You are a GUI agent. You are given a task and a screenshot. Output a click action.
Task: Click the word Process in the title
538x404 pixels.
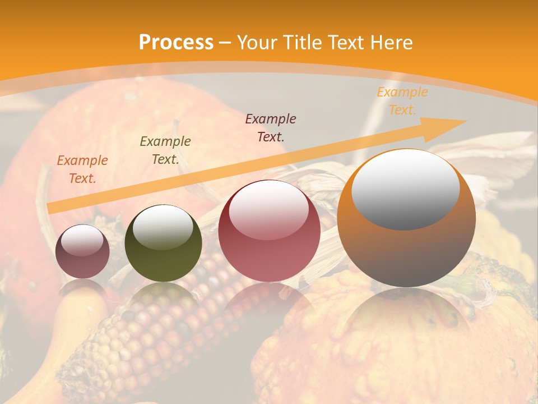pyautogui.click(x=176, y=43)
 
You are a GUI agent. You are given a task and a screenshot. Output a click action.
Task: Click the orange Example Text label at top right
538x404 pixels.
pyautogui.click(x=402, y=101)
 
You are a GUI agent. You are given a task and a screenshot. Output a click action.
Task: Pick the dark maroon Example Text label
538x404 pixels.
pyautogui.click(x=271, y=127)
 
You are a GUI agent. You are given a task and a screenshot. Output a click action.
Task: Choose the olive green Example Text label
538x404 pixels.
pyautogui.click(x=165, y=150)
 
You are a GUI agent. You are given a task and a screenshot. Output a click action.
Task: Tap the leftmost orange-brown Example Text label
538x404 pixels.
pyautogui.click(x=82, y=169)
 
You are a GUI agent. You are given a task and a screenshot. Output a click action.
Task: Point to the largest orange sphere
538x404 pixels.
pyautogui.click(x=406, y=247)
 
